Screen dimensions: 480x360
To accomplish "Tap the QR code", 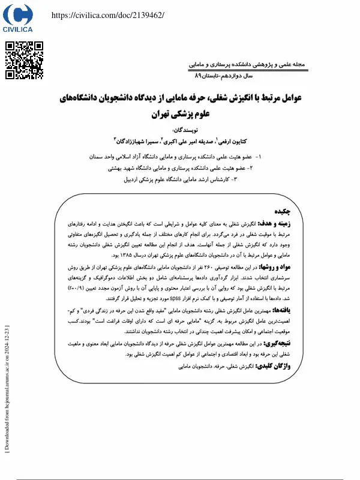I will [x=24, y=61].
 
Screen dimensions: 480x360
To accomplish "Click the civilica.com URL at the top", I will [x=108, y=14].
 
